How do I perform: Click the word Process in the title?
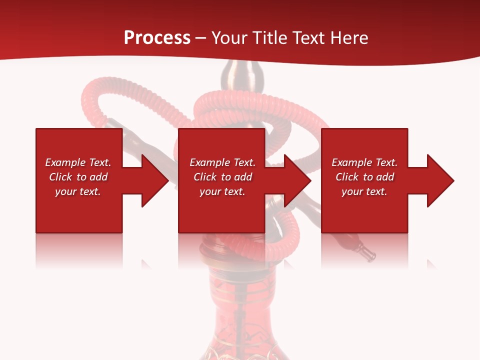pyautogui.click(x=157, y=38)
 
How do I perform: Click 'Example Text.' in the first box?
pyautogui.click(x=78, y=162)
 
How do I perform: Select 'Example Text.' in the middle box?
pyautogui.click(x=222, y=162)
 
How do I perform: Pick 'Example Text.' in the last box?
pyautogui.click(x=364, y=162)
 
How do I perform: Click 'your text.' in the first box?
pyautogui.click(x=78, y=191)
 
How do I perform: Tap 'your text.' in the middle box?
pyautogui.click(x=222, y=191)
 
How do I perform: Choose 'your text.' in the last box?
pyautogui.click(x=364, y=191)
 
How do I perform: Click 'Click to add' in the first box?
pyautogui.click(x=78, y=177)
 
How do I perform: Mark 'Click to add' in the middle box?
pyautogui.click(x=222, y=177)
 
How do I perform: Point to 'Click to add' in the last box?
pyautogui.click(x=364, y=177)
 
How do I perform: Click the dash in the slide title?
pyautogui.click(x=201, y=38)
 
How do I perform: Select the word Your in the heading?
pyautogui.click(x=230, y=38)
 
